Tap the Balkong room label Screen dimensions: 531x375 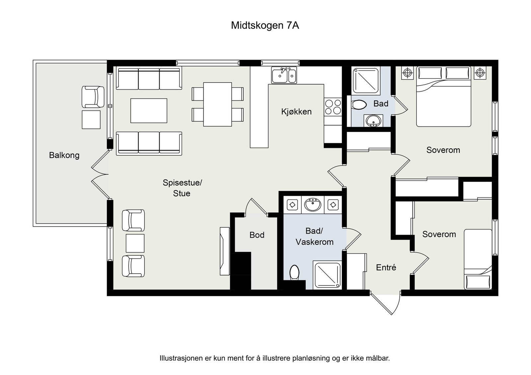coord(64,155)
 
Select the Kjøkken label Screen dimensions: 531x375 coord(296,112)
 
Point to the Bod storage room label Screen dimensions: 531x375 coord(257,235)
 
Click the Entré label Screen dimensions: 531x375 coord(386,267)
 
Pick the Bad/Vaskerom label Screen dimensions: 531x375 coord(314,236)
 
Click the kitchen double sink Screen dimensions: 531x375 coord(284,75)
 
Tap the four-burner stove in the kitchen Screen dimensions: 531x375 coord(333,107)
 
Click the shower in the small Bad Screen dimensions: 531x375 coord(365,81)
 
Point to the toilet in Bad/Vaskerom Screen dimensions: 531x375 coord(294,272)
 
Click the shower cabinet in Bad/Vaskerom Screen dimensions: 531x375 coord(327,275)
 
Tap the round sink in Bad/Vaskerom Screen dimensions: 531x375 coord(313,205)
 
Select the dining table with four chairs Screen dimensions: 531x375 coord(217,104)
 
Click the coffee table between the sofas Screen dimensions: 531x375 coord(149,111)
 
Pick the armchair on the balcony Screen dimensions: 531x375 coord(93,97)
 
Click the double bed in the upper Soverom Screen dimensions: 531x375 coord(443,96)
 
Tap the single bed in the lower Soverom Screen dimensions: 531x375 coord(478,259)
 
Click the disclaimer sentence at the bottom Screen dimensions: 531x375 coord(274,358)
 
